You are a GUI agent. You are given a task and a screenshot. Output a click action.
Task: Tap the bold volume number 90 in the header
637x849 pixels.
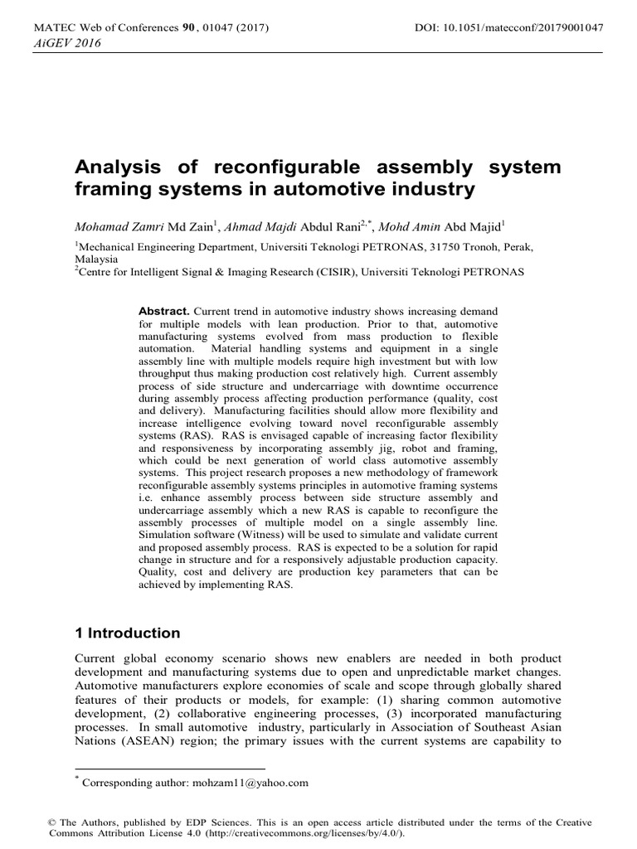point(187,28)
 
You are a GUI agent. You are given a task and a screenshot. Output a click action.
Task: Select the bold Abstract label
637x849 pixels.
point(164,309)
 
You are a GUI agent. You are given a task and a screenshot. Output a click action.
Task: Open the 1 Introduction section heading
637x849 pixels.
point(127,633)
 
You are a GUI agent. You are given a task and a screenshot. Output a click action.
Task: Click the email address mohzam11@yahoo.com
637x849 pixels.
point(250,782)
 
